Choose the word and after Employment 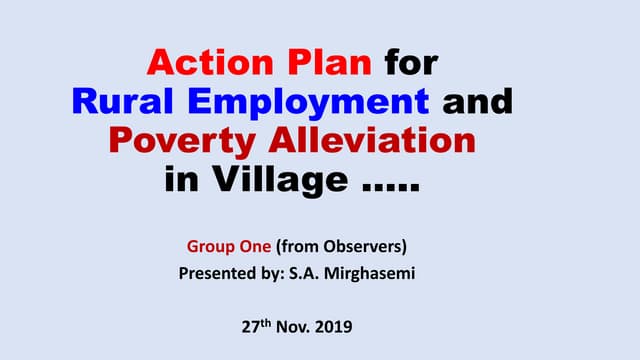point(475,101)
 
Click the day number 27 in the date point(253,326)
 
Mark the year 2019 point(340,326)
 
